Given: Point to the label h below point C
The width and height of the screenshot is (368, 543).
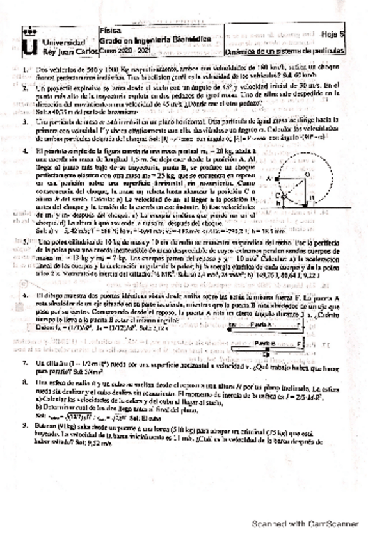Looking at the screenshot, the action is click(278, 204).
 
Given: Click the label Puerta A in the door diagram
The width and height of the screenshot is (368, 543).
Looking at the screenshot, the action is click(263, 325).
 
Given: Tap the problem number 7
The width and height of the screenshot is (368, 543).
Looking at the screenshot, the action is click(24, 363).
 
